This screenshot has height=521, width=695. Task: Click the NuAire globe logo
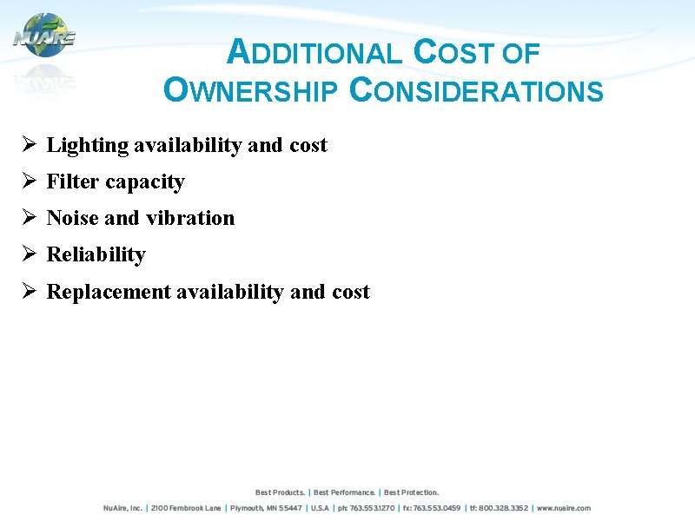44,36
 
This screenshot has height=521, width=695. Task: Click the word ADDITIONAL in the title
314,54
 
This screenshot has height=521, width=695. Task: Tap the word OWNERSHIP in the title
250,90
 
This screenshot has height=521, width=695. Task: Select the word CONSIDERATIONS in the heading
476,90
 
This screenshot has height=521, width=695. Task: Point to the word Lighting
87,145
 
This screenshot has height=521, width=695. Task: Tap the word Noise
72,218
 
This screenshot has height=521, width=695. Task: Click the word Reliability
96,254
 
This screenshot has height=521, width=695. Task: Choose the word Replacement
109,292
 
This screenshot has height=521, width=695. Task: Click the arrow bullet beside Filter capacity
29,181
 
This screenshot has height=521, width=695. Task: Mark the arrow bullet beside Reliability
29,254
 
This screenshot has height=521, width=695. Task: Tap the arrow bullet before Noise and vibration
29,218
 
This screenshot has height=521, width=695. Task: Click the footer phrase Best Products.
280,492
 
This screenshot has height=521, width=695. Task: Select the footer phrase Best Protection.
412,492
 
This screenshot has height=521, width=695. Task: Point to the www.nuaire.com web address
563,508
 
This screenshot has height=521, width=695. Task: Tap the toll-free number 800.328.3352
505,508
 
